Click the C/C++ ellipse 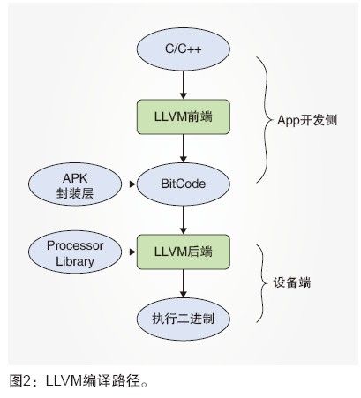click(x=184, y=49)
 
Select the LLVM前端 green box click(x=184, y=116)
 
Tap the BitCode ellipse click(x=184, y=184)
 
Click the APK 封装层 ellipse click(x=75, y=184)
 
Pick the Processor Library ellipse click(x=75, y=252)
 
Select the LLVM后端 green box click(x=184, y=252)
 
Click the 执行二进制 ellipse click(x=184, y=319)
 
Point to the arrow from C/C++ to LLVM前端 click(x=184, y=85)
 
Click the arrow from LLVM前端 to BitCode click(x=184, y=148)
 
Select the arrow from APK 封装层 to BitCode click(x=129, y=184)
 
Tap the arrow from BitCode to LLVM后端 click(x=184, y=220)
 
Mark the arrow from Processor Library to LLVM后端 click(x=129, y=252)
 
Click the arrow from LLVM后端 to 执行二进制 click(x=184, y=283)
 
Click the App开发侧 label click(x=307, y=120)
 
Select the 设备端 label click(x=292, y=283)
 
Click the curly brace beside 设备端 click(x=263, y=283)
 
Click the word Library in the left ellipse click(x=75, y=261)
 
